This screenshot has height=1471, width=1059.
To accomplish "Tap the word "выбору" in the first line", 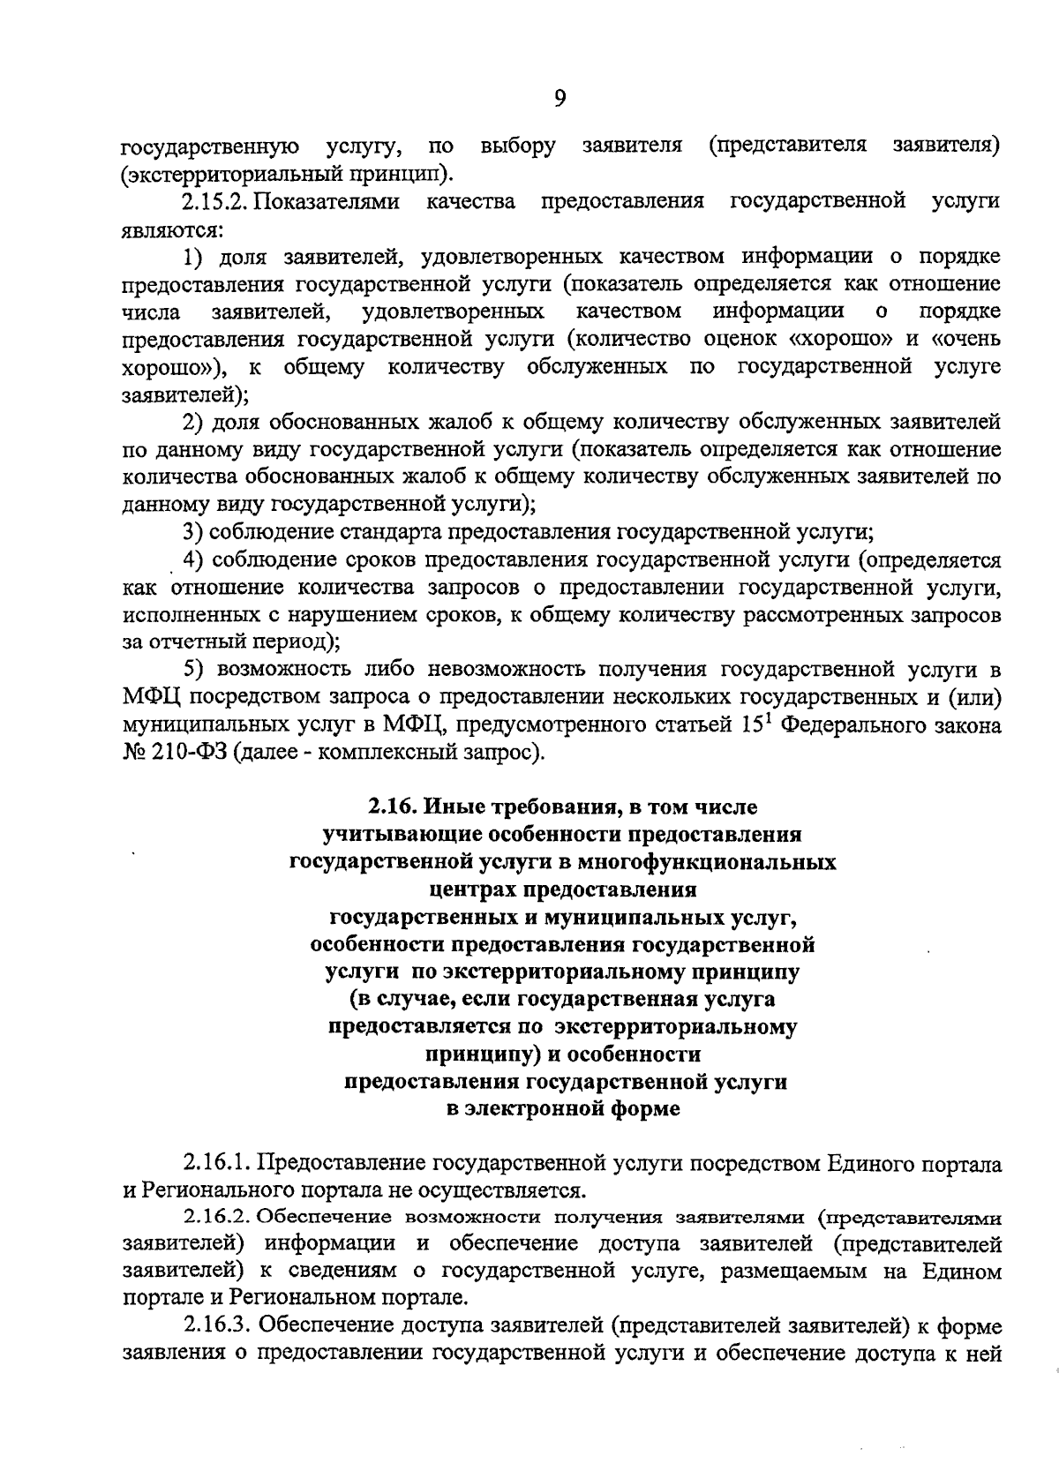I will point(518,146).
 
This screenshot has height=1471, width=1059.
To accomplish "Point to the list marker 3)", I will point(194,532).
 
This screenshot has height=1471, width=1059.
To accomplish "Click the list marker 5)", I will point(194,669).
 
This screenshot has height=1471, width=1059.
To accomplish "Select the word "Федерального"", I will point(850,725).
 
